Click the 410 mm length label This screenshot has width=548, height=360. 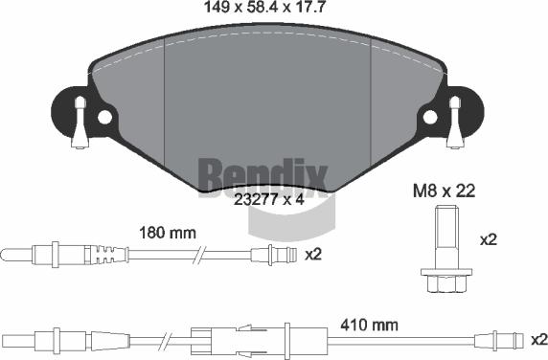370,325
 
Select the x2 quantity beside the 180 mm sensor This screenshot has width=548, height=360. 312,255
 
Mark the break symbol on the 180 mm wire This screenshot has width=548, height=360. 198,255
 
